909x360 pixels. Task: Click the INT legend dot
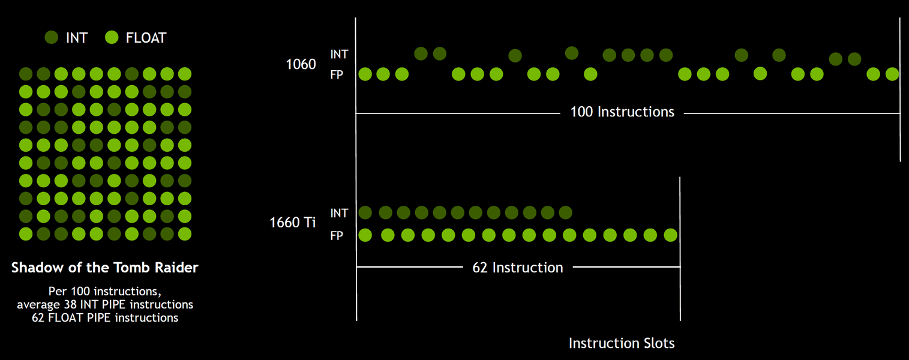point(52,38)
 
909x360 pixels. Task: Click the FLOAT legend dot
point(112,38)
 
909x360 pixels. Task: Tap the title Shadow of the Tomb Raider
point(105,268)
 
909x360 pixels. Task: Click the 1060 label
point(301,64)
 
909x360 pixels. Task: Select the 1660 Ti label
point(292,223)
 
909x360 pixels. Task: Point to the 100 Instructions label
point(622,112)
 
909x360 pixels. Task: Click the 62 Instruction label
point(518,268)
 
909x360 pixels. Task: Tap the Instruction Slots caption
point(622,343)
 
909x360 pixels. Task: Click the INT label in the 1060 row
point(339,55)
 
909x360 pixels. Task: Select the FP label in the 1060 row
point(337,75)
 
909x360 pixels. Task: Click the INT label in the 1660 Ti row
point(339,213)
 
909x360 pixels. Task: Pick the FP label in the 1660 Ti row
point(337,236)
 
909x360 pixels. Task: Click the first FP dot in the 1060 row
point(365,74)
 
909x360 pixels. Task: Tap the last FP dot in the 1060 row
point(892,74)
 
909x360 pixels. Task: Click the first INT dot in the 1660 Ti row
point(365,212)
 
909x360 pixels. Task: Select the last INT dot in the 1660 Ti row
point(565,212)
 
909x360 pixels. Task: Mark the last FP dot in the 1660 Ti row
point(671,235)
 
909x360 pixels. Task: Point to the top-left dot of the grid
point(26,74)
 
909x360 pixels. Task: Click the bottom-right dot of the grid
point(185,233)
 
